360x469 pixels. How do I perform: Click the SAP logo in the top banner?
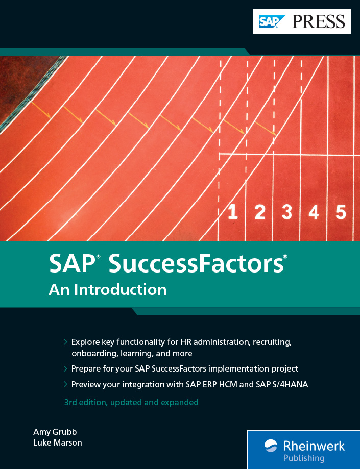click(272, 21)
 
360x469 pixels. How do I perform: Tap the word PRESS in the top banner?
click(319, 21)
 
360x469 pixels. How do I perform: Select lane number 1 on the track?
click(232, 212)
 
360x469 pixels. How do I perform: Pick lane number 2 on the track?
click(260, 212)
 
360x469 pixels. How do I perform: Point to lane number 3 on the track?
click(287, 212)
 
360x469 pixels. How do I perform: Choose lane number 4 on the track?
click(314, 212)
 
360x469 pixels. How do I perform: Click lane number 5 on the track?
click(341, 212)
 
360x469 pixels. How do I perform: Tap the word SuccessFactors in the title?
click(196, 263)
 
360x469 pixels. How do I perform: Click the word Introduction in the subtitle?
click(121, 289)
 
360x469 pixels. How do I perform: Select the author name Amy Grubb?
click(55, 432)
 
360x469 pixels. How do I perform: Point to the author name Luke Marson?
click(58, 442)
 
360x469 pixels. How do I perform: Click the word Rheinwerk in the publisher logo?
click(314, 446)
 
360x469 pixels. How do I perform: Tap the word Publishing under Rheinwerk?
click(304, 458)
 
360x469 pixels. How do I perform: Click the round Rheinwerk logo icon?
click(271, 446)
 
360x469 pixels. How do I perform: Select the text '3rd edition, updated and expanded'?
click(131, 402)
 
